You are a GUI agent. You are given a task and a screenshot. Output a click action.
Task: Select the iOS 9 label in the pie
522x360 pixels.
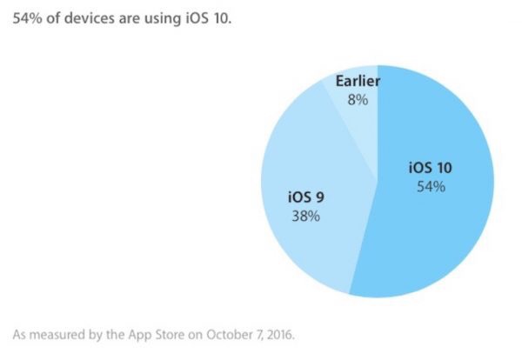(x=306, y=197)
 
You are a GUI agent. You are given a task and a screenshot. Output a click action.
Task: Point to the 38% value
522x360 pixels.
(x=306, y=215)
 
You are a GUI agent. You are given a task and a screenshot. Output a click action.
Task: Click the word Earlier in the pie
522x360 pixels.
(x=358, y=82)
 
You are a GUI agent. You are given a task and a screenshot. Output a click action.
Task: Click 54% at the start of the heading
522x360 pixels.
(x=25, y=19)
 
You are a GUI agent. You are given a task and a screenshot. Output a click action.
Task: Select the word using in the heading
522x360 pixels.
(x=162, y=19)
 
